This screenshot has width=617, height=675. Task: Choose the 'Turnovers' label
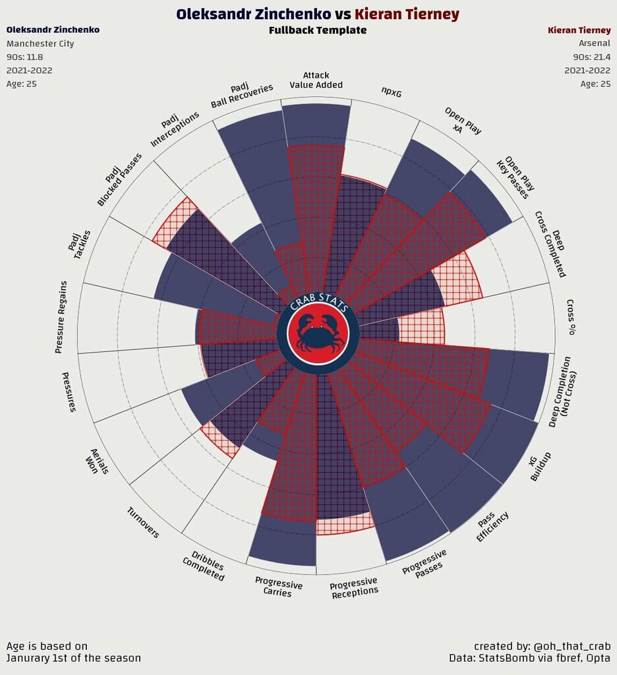coord(143,522)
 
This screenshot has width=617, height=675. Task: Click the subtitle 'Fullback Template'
coord(318,30)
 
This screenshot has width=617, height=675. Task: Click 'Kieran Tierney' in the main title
coord(407,14)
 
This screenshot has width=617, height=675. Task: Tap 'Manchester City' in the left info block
coord(40,44)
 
